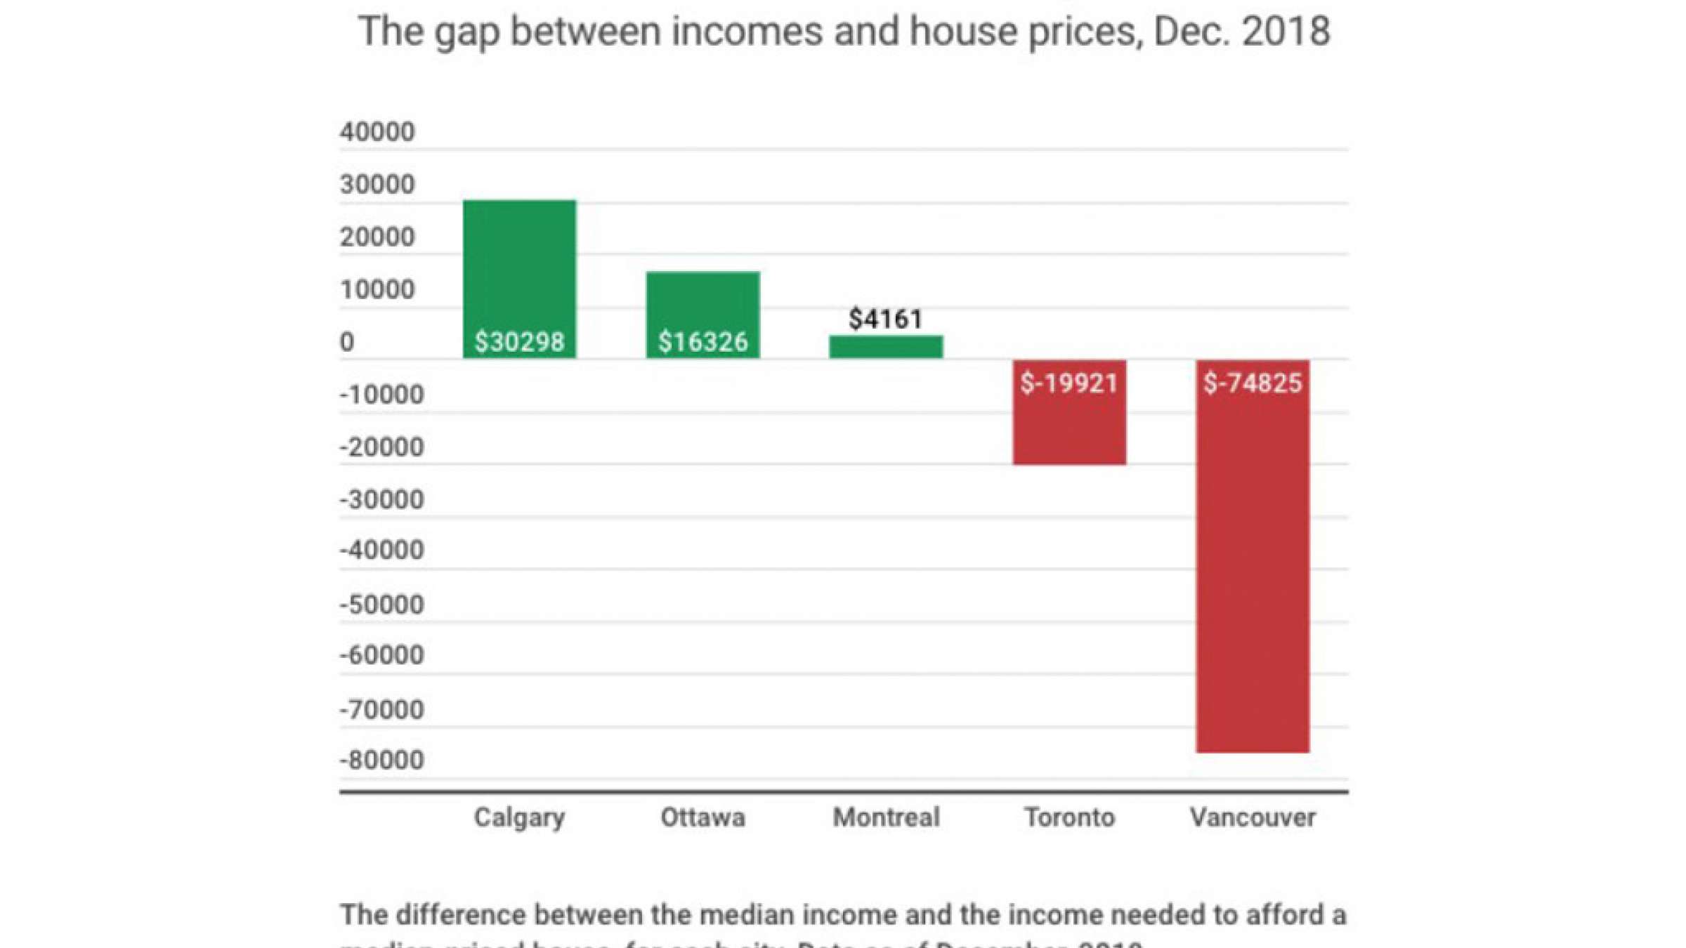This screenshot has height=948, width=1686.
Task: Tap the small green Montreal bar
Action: [886, 347]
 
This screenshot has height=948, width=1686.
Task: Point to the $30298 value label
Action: [519, 342]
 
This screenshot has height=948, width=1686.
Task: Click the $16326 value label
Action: [702, 342]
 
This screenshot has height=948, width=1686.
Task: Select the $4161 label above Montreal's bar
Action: [885, 320]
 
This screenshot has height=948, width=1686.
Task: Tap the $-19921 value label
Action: [1069, 383]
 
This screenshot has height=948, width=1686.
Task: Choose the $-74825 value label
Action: [1253, 383]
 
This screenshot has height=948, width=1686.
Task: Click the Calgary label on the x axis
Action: [519, 817]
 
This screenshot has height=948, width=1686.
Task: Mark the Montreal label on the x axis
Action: [886, 817]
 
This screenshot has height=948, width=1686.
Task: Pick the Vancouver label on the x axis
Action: [1253, 817]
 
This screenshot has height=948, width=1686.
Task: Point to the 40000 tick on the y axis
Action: [377, 132]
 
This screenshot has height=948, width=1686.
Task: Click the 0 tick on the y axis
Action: [347, 342]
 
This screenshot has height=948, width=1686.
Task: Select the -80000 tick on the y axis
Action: [381, 760]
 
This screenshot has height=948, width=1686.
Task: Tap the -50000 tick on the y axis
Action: [381, 605]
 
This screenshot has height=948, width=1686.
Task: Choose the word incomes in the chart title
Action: [746, 32]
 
